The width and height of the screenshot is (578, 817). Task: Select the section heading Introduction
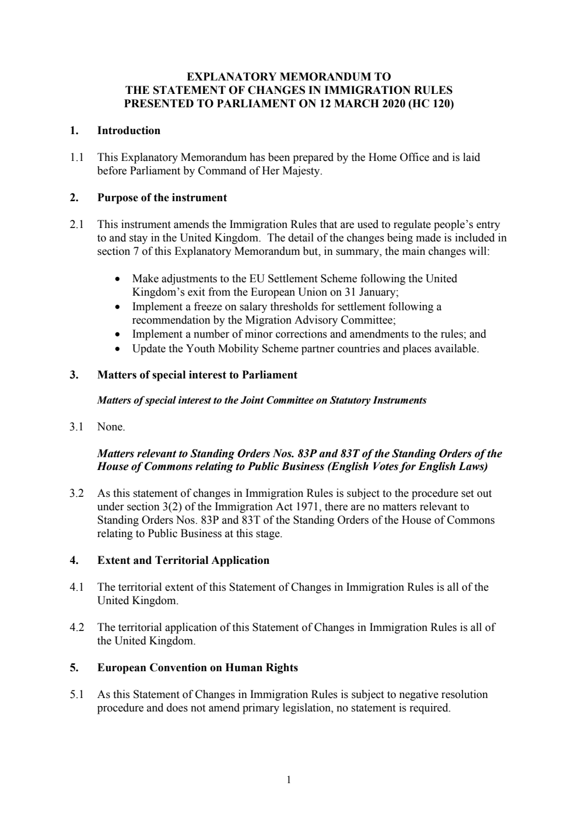(x=128, y=131)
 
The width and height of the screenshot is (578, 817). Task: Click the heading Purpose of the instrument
(x=162, y=198)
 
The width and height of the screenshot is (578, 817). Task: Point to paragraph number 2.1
(x=77, y=225)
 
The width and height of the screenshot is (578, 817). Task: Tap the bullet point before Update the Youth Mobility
(x=118, y=349)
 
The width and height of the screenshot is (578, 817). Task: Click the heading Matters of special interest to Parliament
(x=197, y=375)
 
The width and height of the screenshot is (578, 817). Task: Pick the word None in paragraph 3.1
(x=110, y=427)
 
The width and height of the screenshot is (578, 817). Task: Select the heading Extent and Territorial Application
(x=183, y=560)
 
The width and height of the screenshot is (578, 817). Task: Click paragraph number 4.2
(x=77, y=627)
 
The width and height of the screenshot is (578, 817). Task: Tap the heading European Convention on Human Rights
(x=197, y=668)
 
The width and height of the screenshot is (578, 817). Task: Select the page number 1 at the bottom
(x=289, y=780)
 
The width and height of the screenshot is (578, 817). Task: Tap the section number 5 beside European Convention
(x=73, y=668)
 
